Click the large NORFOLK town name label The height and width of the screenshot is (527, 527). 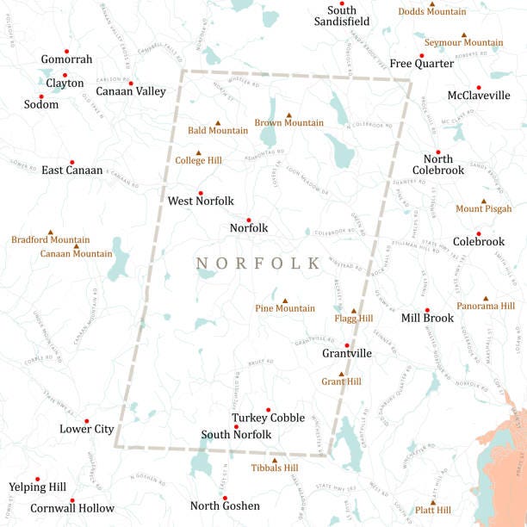257,263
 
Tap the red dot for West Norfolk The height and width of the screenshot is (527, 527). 201,193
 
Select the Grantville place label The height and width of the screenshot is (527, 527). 346,353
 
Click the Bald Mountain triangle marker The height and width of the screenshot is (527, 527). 218,122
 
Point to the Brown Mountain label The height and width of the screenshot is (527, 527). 288,123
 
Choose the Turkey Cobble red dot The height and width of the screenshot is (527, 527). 268,410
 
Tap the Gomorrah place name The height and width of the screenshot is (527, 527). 66,59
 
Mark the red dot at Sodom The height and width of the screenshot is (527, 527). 40,96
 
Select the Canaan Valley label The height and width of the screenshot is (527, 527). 131,91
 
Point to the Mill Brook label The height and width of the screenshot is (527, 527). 427,319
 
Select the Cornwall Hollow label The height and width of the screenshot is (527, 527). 72,508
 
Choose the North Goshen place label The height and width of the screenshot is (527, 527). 224,505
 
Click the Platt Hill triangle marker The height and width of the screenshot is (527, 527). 433,502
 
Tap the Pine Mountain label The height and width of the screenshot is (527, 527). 285,308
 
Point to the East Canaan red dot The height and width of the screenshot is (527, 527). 71,162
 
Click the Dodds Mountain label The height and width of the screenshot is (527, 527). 431,12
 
